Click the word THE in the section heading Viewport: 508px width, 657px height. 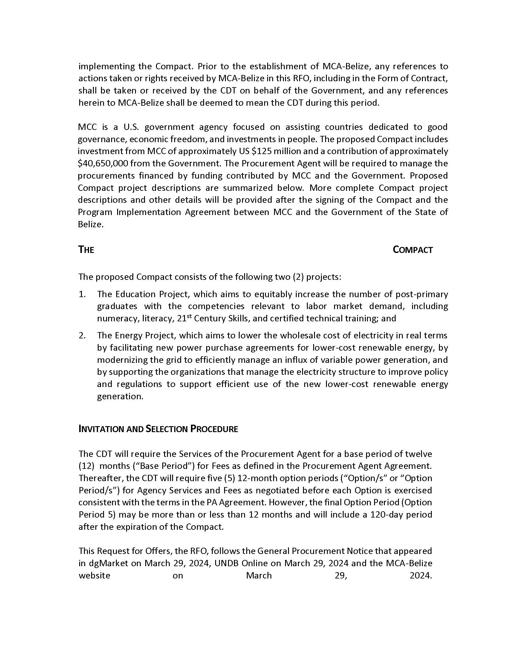click(x=86, y=250)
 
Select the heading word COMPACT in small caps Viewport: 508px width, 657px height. click(x=413, y=250)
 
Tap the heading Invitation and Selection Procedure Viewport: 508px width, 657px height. click(x=158, y=429)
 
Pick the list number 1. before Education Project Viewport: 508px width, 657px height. click(x=82, y=294)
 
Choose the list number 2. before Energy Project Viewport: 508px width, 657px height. click(x=82, y=335)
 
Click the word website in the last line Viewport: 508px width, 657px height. click(x=94, y=575)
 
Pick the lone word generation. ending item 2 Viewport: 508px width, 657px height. click(x=120, y=397)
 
